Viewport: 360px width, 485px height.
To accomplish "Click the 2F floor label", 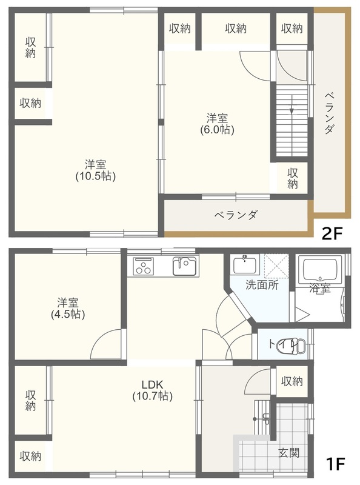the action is point(332,233).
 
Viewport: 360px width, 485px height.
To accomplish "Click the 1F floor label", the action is point(335,464).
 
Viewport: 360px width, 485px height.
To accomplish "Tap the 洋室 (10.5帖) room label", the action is point(96,170).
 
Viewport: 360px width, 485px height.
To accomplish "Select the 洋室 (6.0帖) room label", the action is point(217,124).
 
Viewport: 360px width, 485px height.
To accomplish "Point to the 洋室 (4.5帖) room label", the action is point(68,308).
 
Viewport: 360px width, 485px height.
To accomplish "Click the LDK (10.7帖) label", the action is point(153,390).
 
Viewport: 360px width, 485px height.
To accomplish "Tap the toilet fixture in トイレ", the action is point(292,346).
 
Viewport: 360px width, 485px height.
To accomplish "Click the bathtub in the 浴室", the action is point(320,269).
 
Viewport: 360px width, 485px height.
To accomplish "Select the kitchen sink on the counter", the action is point(184,266).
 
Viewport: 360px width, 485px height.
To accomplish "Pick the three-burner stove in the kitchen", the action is point(143,266).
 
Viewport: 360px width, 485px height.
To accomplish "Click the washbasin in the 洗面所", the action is point(245,265).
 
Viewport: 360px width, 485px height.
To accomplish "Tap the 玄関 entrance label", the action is point(289,453).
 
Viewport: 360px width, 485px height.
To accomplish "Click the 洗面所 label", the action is point(262,284).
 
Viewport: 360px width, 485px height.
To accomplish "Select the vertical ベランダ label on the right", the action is point(329,113).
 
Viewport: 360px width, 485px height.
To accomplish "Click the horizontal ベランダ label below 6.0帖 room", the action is point(236,215).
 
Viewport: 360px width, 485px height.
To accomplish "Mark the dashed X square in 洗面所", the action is point(276,266).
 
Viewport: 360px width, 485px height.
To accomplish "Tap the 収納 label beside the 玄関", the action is point(292,381).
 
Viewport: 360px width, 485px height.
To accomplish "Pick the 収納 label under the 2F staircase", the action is point(293,178).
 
